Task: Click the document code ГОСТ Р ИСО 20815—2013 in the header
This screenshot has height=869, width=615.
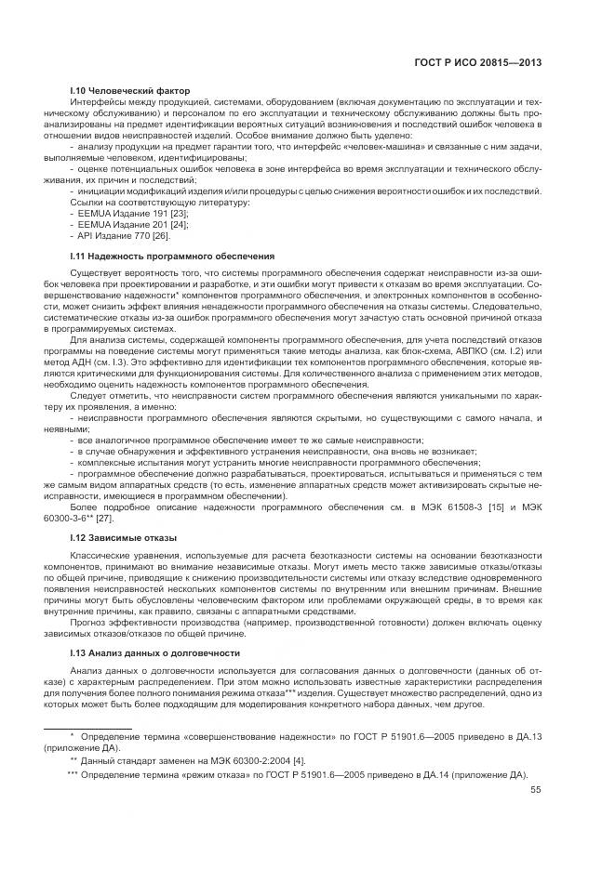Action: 476,62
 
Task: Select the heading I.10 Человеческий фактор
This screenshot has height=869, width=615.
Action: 129,90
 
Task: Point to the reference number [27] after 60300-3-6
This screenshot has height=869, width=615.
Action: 123,520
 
